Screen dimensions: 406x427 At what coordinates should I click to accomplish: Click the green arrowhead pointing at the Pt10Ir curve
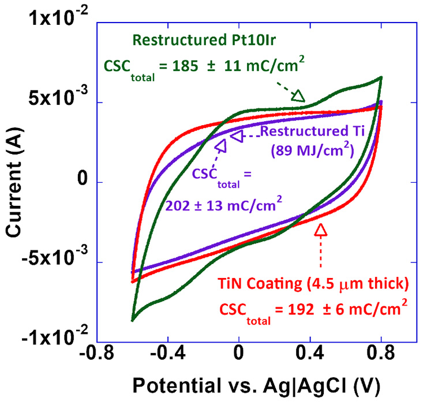click(298, 96)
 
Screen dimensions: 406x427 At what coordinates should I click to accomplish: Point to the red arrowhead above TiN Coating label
click(321, 230)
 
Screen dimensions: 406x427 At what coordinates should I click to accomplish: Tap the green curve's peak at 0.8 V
click(381, 77)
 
